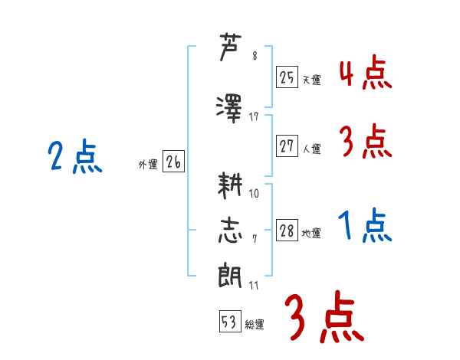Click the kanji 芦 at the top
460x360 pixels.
point(230,47)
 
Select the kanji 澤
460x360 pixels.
point(229,109)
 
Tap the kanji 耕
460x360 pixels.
point(230,185)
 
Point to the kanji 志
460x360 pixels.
point(230,231)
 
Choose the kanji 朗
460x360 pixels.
point(230,276)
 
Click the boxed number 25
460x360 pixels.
point(287,77)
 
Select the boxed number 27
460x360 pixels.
point(287,146)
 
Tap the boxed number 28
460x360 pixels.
point(287,230)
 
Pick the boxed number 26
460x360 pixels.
point(174,162)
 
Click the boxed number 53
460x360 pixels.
point(230,321)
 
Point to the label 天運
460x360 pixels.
point(312,80)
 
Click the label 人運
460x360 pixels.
point(312,149)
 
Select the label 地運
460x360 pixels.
point(311,233)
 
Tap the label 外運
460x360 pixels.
point(148,165)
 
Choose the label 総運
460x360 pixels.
point(255,324)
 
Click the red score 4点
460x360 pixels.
point(366,73)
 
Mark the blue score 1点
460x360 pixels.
point(365,225)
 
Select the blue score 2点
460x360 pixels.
point(75,156)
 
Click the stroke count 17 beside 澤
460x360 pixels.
point(254,117)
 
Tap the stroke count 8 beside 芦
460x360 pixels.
point(255,56)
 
